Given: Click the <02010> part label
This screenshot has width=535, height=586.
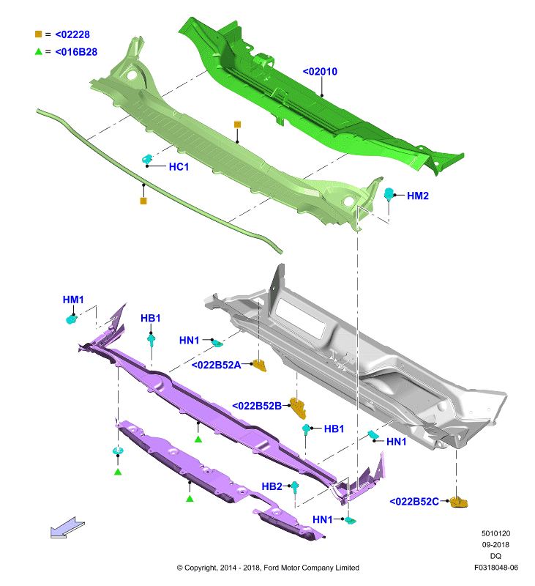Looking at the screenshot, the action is tap(320, 71).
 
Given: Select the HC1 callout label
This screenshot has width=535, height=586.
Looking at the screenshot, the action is tap(179, 167).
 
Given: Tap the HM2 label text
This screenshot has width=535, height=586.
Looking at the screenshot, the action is tap(418, 196).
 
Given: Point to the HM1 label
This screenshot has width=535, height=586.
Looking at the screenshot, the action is tap(73, 300).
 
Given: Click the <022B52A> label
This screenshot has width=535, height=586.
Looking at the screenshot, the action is tap(216, 365).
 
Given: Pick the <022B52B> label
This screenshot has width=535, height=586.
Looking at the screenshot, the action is tap(257, 406).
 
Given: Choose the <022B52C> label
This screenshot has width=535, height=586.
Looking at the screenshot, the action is tap(414, 501).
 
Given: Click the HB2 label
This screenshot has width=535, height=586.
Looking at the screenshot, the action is tap(272, 486).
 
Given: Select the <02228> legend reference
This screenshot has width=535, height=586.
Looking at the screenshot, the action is tap(72, 34).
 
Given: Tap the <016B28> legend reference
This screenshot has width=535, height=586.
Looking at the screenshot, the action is tap(76, 51).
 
